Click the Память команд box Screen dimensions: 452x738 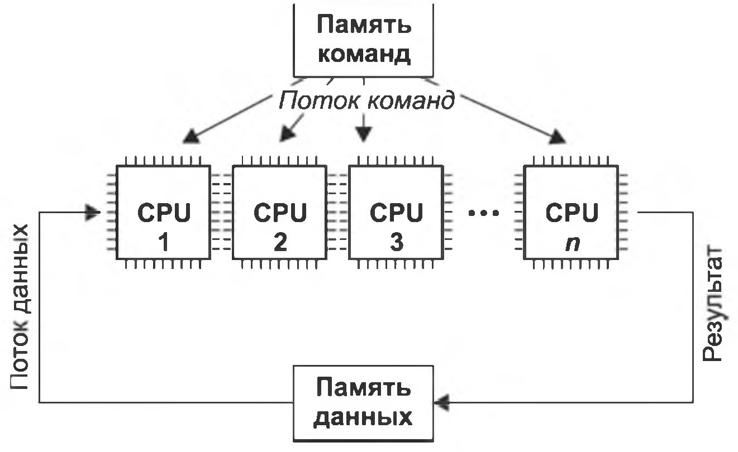[x=364, y=39]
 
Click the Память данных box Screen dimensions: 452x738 [x=364, y=402]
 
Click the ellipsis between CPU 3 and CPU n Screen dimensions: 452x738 [x=483, y=213]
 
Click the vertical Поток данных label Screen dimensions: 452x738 [x=20, y=307]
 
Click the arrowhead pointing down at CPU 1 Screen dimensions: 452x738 [x=190, y=137]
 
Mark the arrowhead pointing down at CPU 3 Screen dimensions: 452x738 [x=364, y=134]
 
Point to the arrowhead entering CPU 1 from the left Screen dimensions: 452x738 [x=93, y=213]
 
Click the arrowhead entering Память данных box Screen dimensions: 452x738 [x=442, y=401]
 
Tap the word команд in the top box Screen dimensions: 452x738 [x=364, y=54]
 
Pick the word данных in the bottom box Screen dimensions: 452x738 [x=364, y=417]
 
